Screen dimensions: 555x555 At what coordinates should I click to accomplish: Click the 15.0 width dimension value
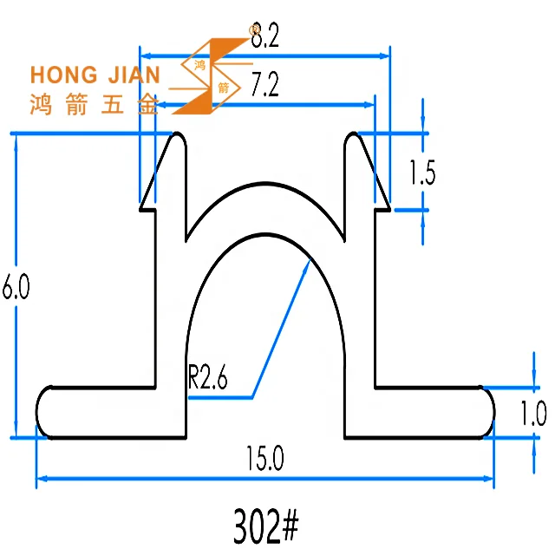[x=265, y=457]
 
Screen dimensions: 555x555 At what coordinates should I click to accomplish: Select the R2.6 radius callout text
[x=208, y=379]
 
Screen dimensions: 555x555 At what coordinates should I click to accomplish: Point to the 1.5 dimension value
[x=421, y=173]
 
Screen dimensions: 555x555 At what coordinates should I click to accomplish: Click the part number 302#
[x=265, y=525]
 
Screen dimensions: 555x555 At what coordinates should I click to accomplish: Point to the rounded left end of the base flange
[x=42, y=412]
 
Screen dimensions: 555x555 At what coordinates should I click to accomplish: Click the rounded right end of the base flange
[x=488, y=412]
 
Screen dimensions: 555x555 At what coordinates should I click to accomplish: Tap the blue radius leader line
[x=280, y=330]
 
